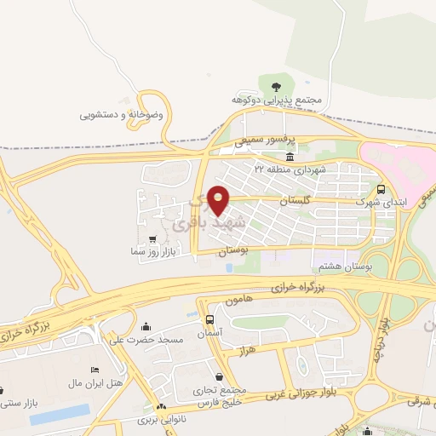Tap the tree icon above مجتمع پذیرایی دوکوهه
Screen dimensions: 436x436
click(276, 85)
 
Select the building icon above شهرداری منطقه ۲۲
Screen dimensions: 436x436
click(291, 158)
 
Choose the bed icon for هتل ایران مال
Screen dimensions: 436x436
click(94, 370)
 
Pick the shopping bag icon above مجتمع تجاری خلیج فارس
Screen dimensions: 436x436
click(220, 376)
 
